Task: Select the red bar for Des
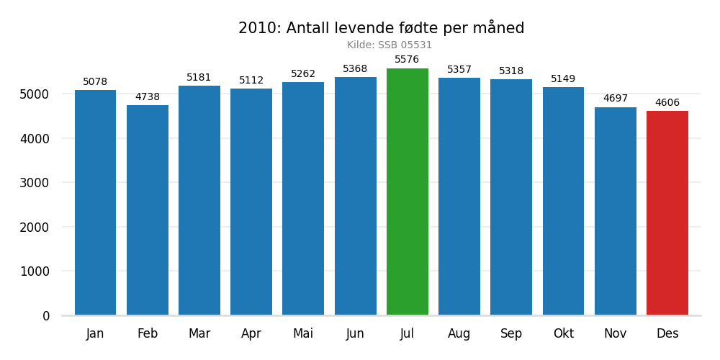pyautogui.click(x=667, y=213)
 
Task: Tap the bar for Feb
pyautogui.click(x=148, y=210)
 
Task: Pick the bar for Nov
pyautogui.click(x=615, y=211)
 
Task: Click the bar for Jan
pyautogui.click(x=95, y=202)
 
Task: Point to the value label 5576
pyautogui.click(x=407, y=60)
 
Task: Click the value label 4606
pyautogui.click(x=667, y=103)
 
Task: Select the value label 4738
pyautogui.click(x=148, y=97)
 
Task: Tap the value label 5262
pyautogui.click(x=303, y=74)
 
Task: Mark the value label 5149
pyautogui.click(x=563, y=79)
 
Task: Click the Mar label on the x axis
pyautogui.click(x=199, y=334)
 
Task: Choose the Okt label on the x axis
pyautogui.click(x=563, y=334)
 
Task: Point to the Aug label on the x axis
pyautogui.click(x=459, y=334)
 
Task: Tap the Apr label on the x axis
pyautogui.click(x=251, y=334)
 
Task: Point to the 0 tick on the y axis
pyautogui.click(x=46, y=316)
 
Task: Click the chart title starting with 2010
pyautogui.click(x=381, y=29)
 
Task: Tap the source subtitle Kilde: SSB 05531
pyautogui.click(x=390, y=45)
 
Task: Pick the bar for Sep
pyautogui.click(x=511, y=197)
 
